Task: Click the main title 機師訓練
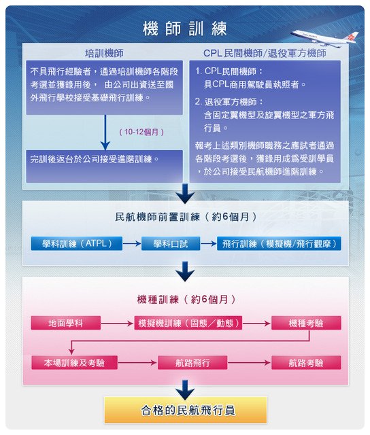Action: click(185, 29)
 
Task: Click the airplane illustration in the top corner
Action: click(324, 38)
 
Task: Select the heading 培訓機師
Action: click(104, 53)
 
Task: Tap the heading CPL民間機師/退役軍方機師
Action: click(265, 53)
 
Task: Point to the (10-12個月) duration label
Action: click(141, 132)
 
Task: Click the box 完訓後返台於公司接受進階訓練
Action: click(104, 166)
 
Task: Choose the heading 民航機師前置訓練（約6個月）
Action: click(186, 217)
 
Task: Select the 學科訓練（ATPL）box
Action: click(77, 243)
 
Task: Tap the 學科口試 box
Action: click(171, 243)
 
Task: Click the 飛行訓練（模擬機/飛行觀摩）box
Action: click(279, 243)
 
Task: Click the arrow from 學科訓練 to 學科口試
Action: click(132, 243)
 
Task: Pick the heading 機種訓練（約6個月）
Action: click(186, 299)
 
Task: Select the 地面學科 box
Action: click(66, 323)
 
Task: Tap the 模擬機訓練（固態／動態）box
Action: click(188, 323)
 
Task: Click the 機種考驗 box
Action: click(306, 323)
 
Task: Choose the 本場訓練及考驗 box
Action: click(74, 362)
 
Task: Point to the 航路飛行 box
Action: click(192, 362)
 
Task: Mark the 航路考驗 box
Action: click(306, 362)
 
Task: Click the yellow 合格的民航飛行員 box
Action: click(186, 410)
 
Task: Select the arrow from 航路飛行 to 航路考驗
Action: click(249, 362)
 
